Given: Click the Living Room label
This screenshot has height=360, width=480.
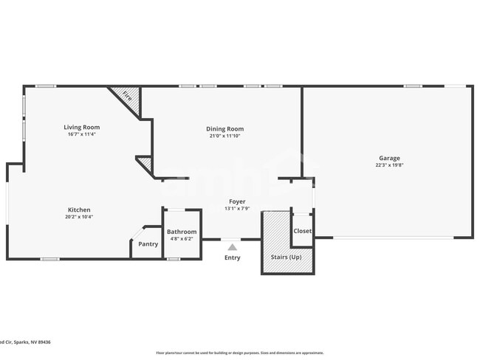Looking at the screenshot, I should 81,128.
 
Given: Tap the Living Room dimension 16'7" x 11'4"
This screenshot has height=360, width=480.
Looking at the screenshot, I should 81,135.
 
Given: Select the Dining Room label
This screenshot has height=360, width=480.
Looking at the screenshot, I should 224,129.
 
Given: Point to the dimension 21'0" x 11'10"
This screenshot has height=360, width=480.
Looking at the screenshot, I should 224,136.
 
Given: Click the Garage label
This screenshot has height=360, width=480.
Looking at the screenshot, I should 389,158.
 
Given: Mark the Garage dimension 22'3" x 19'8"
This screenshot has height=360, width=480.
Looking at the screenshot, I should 389,165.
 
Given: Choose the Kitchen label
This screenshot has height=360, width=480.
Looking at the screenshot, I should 80,210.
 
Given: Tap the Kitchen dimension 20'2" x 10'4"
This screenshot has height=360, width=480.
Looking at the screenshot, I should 80,217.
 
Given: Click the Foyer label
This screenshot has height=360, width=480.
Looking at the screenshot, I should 237,201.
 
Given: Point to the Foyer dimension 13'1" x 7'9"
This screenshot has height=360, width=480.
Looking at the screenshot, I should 237,209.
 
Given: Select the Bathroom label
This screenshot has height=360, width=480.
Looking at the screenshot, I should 182,232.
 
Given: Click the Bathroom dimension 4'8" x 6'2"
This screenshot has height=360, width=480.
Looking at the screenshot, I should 182,239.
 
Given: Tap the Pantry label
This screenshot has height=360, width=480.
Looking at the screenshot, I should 148,244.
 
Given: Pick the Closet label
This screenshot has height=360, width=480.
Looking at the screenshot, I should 303,231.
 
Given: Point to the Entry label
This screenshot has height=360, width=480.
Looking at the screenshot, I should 233,257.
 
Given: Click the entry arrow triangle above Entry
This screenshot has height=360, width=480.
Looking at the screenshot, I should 233,247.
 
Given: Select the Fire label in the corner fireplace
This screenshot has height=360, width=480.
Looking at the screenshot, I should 127,96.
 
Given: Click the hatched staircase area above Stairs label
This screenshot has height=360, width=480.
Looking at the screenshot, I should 275,230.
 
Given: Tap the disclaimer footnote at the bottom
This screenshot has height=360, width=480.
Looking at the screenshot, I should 239,353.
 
